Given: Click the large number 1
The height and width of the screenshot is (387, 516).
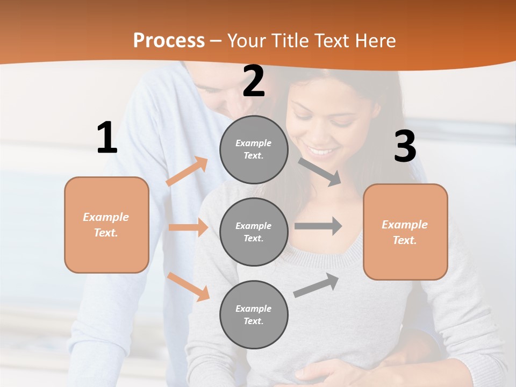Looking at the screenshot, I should (x=107, y=138).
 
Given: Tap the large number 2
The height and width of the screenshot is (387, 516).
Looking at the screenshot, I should (x=254, y=81).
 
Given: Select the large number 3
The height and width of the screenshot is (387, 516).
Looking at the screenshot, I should (x=405, y=147).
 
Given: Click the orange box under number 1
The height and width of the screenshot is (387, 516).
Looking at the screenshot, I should (x=106, y=225).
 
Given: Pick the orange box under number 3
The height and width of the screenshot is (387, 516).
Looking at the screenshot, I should (x=405, y=232).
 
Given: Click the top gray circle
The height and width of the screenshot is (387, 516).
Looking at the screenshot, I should (x=254, y=149).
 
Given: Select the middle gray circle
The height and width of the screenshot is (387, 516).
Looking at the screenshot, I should (x=254, y=232).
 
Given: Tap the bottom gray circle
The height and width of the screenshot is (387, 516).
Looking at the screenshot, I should (x=254, y=314).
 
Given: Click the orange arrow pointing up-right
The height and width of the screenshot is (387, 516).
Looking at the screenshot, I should (x=187, y=171).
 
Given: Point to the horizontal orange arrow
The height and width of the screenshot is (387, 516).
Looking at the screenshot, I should (x=188, y=227).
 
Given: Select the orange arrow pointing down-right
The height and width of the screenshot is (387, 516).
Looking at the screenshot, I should (x=188, y=286).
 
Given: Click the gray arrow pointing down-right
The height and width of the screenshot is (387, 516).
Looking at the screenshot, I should (x=320, y=171).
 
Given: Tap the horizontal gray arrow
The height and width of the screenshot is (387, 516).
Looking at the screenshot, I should (x=318, y=226).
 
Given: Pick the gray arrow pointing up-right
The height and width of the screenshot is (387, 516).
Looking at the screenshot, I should (x=317, y=285).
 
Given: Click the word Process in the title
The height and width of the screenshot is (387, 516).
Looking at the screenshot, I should (x=169, y=40).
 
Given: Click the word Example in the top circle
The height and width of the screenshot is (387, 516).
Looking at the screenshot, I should (x=254, y=143).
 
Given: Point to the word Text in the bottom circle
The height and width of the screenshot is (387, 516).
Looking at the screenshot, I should (x=253, y=321).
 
